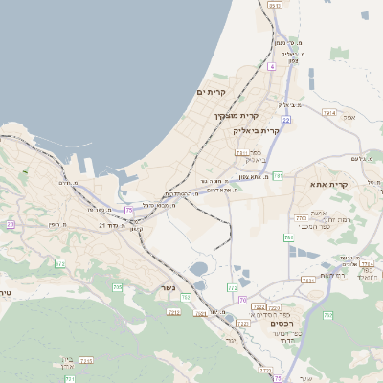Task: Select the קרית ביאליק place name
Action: [x=258, y=130]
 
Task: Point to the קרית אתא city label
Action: [x=327, y=183]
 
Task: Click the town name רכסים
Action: [x=282, y=324]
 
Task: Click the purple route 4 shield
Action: [x=272, y=67]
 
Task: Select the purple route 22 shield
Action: [x=285, y=120]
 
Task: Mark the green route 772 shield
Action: [x=232, y=287]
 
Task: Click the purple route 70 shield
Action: [x=243, y=301]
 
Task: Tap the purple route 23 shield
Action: [x=11, y=224]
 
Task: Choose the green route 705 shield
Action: [x=117, y=286]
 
